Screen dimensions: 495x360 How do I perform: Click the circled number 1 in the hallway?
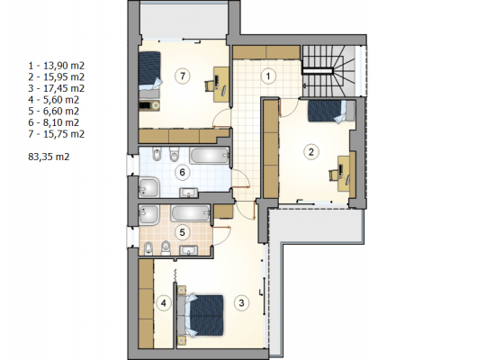click(x=268, y=76)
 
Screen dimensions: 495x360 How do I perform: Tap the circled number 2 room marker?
click(x=311, y=152)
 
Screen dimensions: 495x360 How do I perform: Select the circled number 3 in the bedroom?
click(x=241, y=303)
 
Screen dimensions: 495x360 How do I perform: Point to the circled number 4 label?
click(x=163, y=303)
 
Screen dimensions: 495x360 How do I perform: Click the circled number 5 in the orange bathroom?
click(x=182, y=233)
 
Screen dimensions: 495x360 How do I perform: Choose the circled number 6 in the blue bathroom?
click(x=182, y=173)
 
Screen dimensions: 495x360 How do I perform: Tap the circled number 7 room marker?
click(x=183, y=76)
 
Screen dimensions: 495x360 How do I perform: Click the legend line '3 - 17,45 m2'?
click(x=56, y=88)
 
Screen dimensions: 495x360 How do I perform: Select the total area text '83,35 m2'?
click(x=49, y=157)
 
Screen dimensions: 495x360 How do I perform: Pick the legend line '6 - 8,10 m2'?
click(x=53, y=122)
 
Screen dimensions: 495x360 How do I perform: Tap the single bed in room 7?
click(x=150, y=75)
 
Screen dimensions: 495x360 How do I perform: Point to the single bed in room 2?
click(x=331, y=111)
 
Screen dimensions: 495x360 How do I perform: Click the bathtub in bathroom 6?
click(x=210, y=156)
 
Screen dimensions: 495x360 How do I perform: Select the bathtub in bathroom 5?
click(x=191, y=213)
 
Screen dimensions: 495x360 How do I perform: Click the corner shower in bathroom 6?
click(x=149, y=187)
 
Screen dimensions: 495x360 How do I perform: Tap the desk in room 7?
click(x=221, y=85)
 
